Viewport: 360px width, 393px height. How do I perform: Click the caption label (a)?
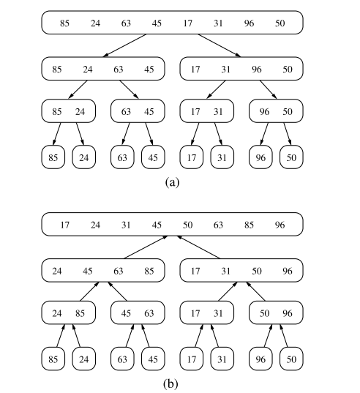point(172,182)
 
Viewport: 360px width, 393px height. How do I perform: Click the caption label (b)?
point(172,383)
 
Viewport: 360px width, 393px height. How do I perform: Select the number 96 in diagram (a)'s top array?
point(249,23)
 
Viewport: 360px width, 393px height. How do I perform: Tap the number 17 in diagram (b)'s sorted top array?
point(64,225)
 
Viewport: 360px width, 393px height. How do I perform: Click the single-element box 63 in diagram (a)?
point(121,157)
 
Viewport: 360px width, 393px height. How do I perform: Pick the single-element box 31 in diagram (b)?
point(222,359)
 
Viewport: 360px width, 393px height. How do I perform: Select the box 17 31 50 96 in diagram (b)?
point(241,271)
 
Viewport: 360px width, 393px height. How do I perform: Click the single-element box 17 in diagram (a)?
point(191,157)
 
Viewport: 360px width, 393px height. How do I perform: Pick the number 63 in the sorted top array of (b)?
point(218,225)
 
